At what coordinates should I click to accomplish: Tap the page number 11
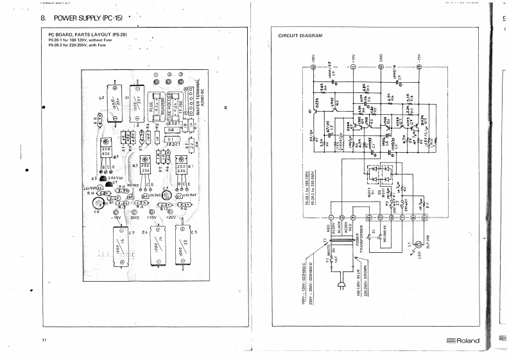(44, 338)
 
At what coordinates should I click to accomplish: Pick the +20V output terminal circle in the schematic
(314, 67)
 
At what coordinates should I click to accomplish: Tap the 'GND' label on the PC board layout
(135, 218)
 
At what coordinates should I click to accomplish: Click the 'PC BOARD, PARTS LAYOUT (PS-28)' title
(87, 34)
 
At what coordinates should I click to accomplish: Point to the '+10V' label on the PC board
(153, 218)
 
